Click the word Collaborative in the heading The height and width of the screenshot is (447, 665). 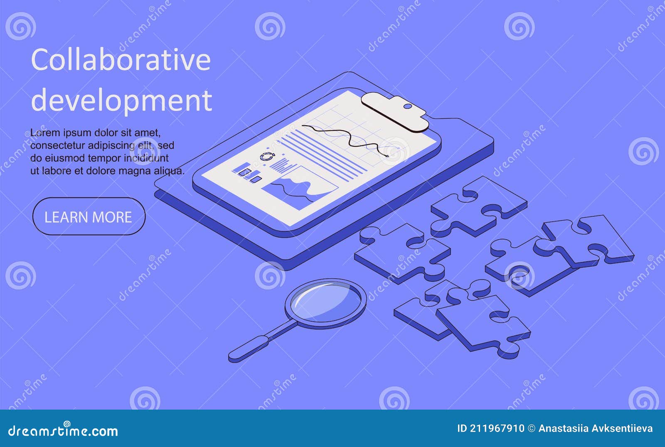point(121,60)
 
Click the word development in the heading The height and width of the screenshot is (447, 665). point(121,100)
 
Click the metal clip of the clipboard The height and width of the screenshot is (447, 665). point(395,112)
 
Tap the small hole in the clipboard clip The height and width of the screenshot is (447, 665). point(408,106)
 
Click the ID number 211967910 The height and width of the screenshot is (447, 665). point(497,429)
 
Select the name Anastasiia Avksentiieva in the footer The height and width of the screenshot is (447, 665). point(595,429)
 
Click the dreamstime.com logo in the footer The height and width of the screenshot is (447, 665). point(63,431)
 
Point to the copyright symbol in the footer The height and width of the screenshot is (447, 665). point(532,429)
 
